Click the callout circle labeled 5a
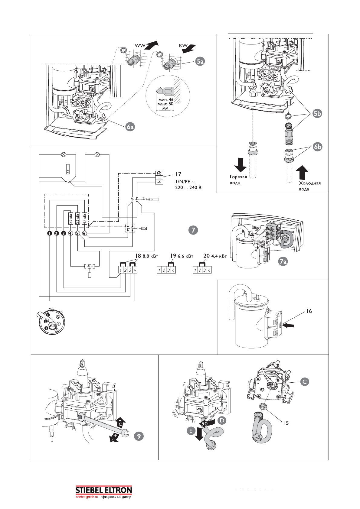click(200, 61)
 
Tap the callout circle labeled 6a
click(130, 127)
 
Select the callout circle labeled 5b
click(317, 114)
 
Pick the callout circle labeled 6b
click(317, 147)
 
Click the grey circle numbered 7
click(193, 230)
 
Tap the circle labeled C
click(305, 381)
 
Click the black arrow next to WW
click(152, 45)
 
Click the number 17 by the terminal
click(178, 174)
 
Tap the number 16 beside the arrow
click(308, 311)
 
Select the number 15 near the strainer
click(286, 423)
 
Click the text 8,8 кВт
click(150, 256)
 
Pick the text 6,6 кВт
click(185, 256)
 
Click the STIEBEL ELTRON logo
click(103, 490)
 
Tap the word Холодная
click(310, 183)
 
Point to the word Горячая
click(238, 177)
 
